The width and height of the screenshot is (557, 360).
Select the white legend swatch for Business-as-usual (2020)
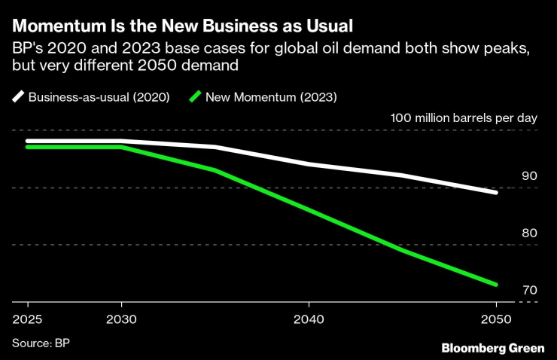[18, 96]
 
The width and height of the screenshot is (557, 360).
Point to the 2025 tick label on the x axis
[26, 318]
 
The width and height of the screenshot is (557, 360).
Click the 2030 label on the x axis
[120, 318]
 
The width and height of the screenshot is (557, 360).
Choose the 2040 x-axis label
[309, 318]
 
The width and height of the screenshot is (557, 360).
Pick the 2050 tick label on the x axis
[496, 318]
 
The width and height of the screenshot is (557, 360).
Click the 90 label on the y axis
[529, 175]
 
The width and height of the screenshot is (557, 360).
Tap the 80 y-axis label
[529, 233]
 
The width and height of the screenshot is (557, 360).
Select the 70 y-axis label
[529, 290]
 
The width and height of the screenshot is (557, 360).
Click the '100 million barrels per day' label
[464, 118]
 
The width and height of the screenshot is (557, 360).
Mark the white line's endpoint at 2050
[496, 193]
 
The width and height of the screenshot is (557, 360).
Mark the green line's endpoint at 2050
[496, 285]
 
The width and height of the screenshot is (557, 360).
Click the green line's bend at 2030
[120, 147]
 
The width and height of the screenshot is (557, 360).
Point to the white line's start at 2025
[27, 141]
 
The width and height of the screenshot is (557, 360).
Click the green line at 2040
[309, 209]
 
